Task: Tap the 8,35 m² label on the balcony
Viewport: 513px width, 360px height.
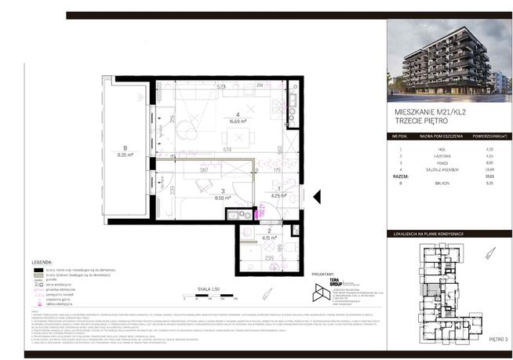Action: pos(122,155)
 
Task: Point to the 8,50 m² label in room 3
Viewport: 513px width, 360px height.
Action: pos(224,198)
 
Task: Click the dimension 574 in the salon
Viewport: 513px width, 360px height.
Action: pos(227,149)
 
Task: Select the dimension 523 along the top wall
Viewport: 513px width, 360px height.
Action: pos(221,85)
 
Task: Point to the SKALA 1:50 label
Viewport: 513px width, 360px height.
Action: pos(209,289)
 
